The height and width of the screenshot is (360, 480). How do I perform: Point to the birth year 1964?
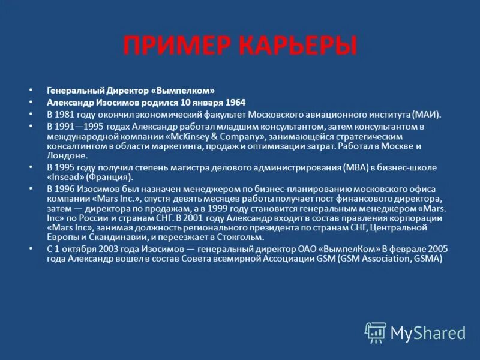[x=233, y=102]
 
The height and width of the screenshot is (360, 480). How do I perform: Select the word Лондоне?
[x=67, y=155]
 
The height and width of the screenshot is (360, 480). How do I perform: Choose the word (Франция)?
[x=109, y=177]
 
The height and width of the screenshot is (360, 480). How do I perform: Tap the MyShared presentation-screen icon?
[x=376, y=332]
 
